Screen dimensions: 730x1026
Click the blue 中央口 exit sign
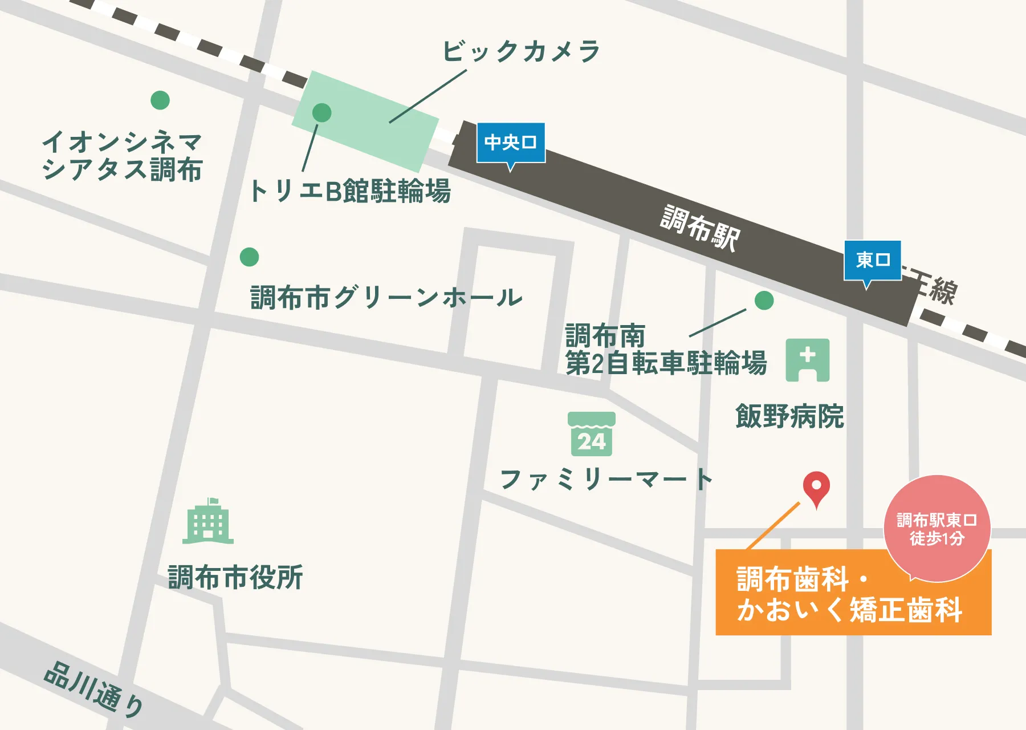511,143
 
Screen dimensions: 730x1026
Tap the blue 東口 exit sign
872,260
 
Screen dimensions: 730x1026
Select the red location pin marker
816,488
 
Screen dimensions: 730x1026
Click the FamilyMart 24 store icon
592,434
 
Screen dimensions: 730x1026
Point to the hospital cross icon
808,360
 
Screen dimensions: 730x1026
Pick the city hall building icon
208,521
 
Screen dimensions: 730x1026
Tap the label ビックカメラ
521,52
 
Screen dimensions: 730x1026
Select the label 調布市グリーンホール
386,298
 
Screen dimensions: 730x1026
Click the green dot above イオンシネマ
160,100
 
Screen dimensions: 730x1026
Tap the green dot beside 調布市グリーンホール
249,257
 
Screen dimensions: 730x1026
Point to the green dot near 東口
764,301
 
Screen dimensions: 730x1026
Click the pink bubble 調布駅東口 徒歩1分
937,528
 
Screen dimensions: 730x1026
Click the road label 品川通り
95,689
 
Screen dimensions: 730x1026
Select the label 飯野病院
789,416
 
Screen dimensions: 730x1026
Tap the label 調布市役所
235,577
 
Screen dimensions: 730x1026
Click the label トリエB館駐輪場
350,191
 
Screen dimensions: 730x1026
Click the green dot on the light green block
322,113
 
